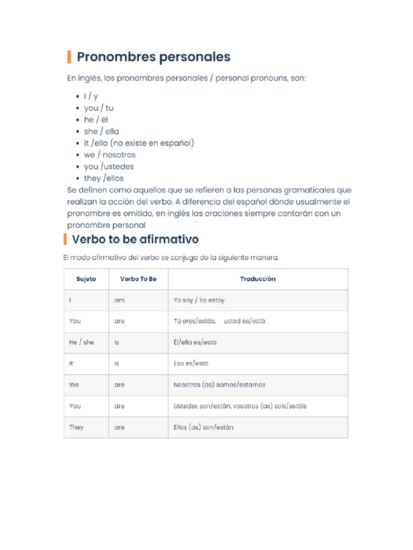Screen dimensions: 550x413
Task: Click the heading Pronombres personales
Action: (153, 57)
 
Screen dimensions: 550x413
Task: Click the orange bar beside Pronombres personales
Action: (69, 57)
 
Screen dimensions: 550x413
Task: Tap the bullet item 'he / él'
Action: (96, 120)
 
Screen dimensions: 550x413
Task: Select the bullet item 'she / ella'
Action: (101, 132)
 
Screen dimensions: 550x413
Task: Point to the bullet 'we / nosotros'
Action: (110, 155)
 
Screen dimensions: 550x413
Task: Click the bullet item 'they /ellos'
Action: (103, 178)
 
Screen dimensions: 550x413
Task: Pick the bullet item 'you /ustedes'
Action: (109, 167)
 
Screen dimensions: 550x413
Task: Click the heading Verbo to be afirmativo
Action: (135, 238)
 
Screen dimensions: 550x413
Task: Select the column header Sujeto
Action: (86, 279)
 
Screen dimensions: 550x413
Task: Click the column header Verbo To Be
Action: (138, 279)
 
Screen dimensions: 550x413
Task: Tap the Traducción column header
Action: (258, 279)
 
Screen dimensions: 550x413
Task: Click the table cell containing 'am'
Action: (119, 300)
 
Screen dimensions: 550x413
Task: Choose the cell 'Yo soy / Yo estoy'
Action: (199, 300)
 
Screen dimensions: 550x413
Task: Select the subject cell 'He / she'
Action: (81, 342)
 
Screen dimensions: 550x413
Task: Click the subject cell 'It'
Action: (71, 364)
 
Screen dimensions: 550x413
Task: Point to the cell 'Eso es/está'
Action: (191, 364)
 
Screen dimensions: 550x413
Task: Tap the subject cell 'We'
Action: (74, 385)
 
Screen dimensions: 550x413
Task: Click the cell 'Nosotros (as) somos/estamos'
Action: (219, 385)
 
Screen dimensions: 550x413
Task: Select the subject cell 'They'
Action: (76, 428)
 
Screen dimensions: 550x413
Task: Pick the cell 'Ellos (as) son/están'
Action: (203, 428)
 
